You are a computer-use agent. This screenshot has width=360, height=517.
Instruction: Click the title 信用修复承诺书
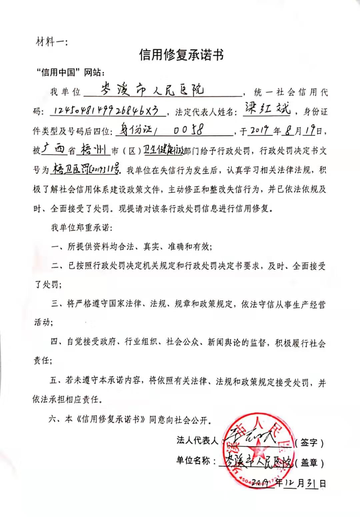tap(181, 55)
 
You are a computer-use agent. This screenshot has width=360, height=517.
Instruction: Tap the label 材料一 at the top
tap(51, 42)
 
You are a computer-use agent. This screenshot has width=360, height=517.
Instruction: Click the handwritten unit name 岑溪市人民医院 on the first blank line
tap(152, 90)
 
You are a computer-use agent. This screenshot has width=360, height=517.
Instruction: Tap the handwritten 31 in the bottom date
tap(312, 484)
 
